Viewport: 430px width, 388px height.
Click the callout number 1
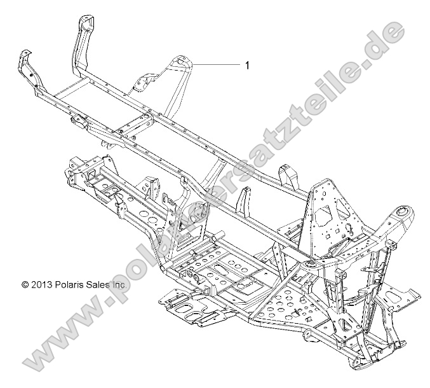[246, 65]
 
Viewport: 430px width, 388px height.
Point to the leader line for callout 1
[216, 65]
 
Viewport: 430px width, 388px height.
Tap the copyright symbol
[25, 285]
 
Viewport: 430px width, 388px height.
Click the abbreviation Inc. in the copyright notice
[119, 285]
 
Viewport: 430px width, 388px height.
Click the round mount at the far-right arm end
[402, 230]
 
